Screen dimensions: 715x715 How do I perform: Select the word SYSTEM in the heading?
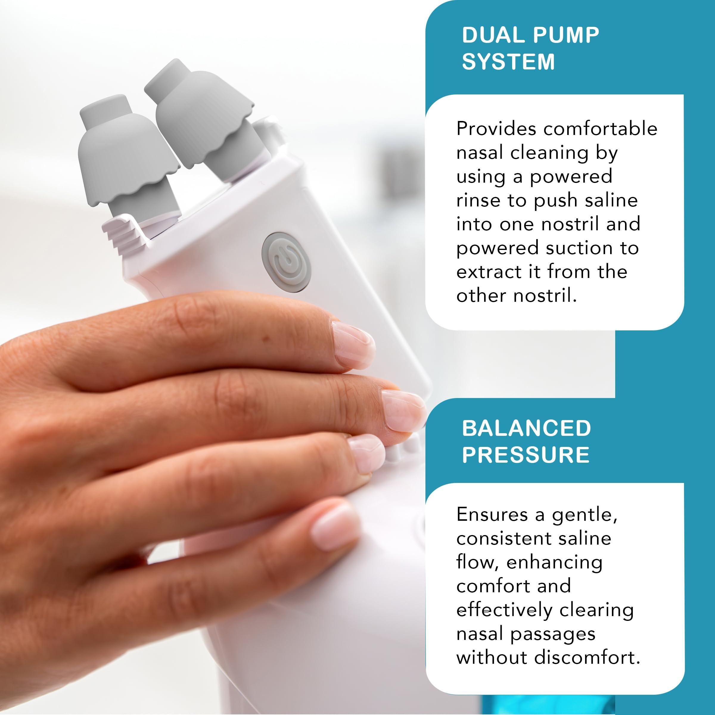tap(508, 61)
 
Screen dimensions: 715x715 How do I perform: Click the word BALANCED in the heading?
tap(526, 428)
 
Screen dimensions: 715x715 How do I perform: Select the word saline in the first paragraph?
tap(614, 200)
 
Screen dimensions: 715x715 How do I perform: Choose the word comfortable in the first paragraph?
tap(600, 129)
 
